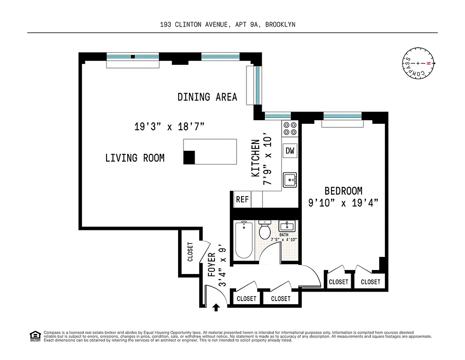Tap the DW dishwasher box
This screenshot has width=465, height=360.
coord(290,151)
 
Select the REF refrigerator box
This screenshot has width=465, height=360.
coord(242,199)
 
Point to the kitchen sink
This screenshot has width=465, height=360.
coord(290,180)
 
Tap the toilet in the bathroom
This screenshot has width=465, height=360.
coord(264,230)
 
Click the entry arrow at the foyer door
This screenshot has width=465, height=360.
coord(216,307)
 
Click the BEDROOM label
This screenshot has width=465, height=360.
coord(343,191)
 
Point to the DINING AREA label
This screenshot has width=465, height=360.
coord(207,97)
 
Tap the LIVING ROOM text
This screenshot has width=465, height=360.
coord(134,158)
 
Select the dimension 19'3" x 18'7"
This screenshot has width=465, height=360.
coord(170,127)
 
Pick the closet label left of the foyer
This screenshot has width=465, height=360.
coord(190,252)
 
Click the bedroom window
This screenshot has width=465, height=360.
coord(343,116)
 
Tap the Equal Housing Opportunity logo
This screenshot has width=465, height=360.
coord(34,335)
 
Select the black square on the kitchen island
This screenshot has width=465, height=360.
coord(189,157)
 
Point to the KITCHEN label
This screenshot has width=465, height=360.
coord(255,158)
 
